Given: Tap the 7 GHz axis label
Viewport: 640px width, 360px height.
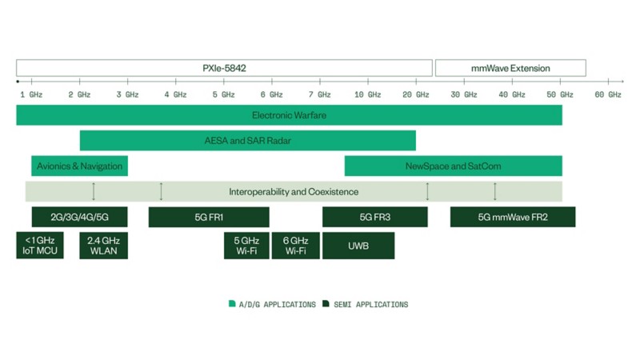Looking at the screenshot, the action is (x=319, y=94).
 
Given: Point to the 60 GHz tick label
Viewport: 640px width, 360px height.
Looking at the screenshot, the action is (x=608, y=94).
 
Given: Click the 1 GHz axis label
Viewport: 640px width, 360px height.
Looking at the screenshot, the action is (x=31, y=94).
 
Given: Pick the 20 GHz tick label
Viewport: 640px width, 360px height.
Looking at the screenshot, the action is (x=415, y=94).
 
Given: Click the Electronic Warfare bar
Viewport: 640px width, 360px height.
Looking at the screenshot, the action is (x=289, y=115).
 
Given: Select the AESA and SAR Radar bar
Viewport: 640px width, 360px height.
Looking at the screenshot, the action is (x=248, y=141).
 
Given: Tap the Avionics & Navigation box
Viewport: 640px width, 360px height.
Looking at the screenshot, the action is (x=79, y=166).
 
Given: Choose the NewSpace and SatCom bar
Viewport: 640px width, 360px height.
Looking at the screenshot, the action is (x=453, y=166).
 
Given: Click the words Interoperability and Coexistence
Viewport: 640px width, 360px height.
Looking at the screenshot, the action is (x=294, y=192).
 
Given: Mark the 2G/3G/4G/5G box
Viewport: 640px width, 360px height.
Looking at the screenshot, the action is (x=79, y=217).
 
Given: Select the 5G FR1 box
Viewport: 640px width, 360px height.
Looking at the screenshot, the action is (x=209, y=217).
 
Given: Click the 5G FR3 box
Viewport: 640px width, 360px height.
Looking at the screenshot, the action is (x=375, y=217).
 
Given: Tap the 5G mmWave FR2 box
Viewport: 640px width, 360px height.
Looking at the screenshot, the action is (x=513, y=217).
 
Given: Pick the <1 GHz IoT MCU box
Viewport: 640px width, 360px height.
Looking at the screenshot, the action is (x=40, y=246).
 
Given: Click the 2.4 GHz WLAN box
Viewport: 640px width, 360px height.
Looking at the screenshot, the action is (x=104, y=246).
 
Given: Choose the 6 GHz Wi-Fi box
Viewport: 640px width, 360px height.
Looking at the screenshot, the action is (x=295, y=246).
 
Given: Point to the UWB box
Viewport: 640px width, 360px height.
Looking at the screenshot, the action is (x=358, y=246).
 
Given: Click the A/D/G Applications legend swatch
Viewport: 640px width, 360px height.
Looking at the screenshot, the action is (x=232, y=303).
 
